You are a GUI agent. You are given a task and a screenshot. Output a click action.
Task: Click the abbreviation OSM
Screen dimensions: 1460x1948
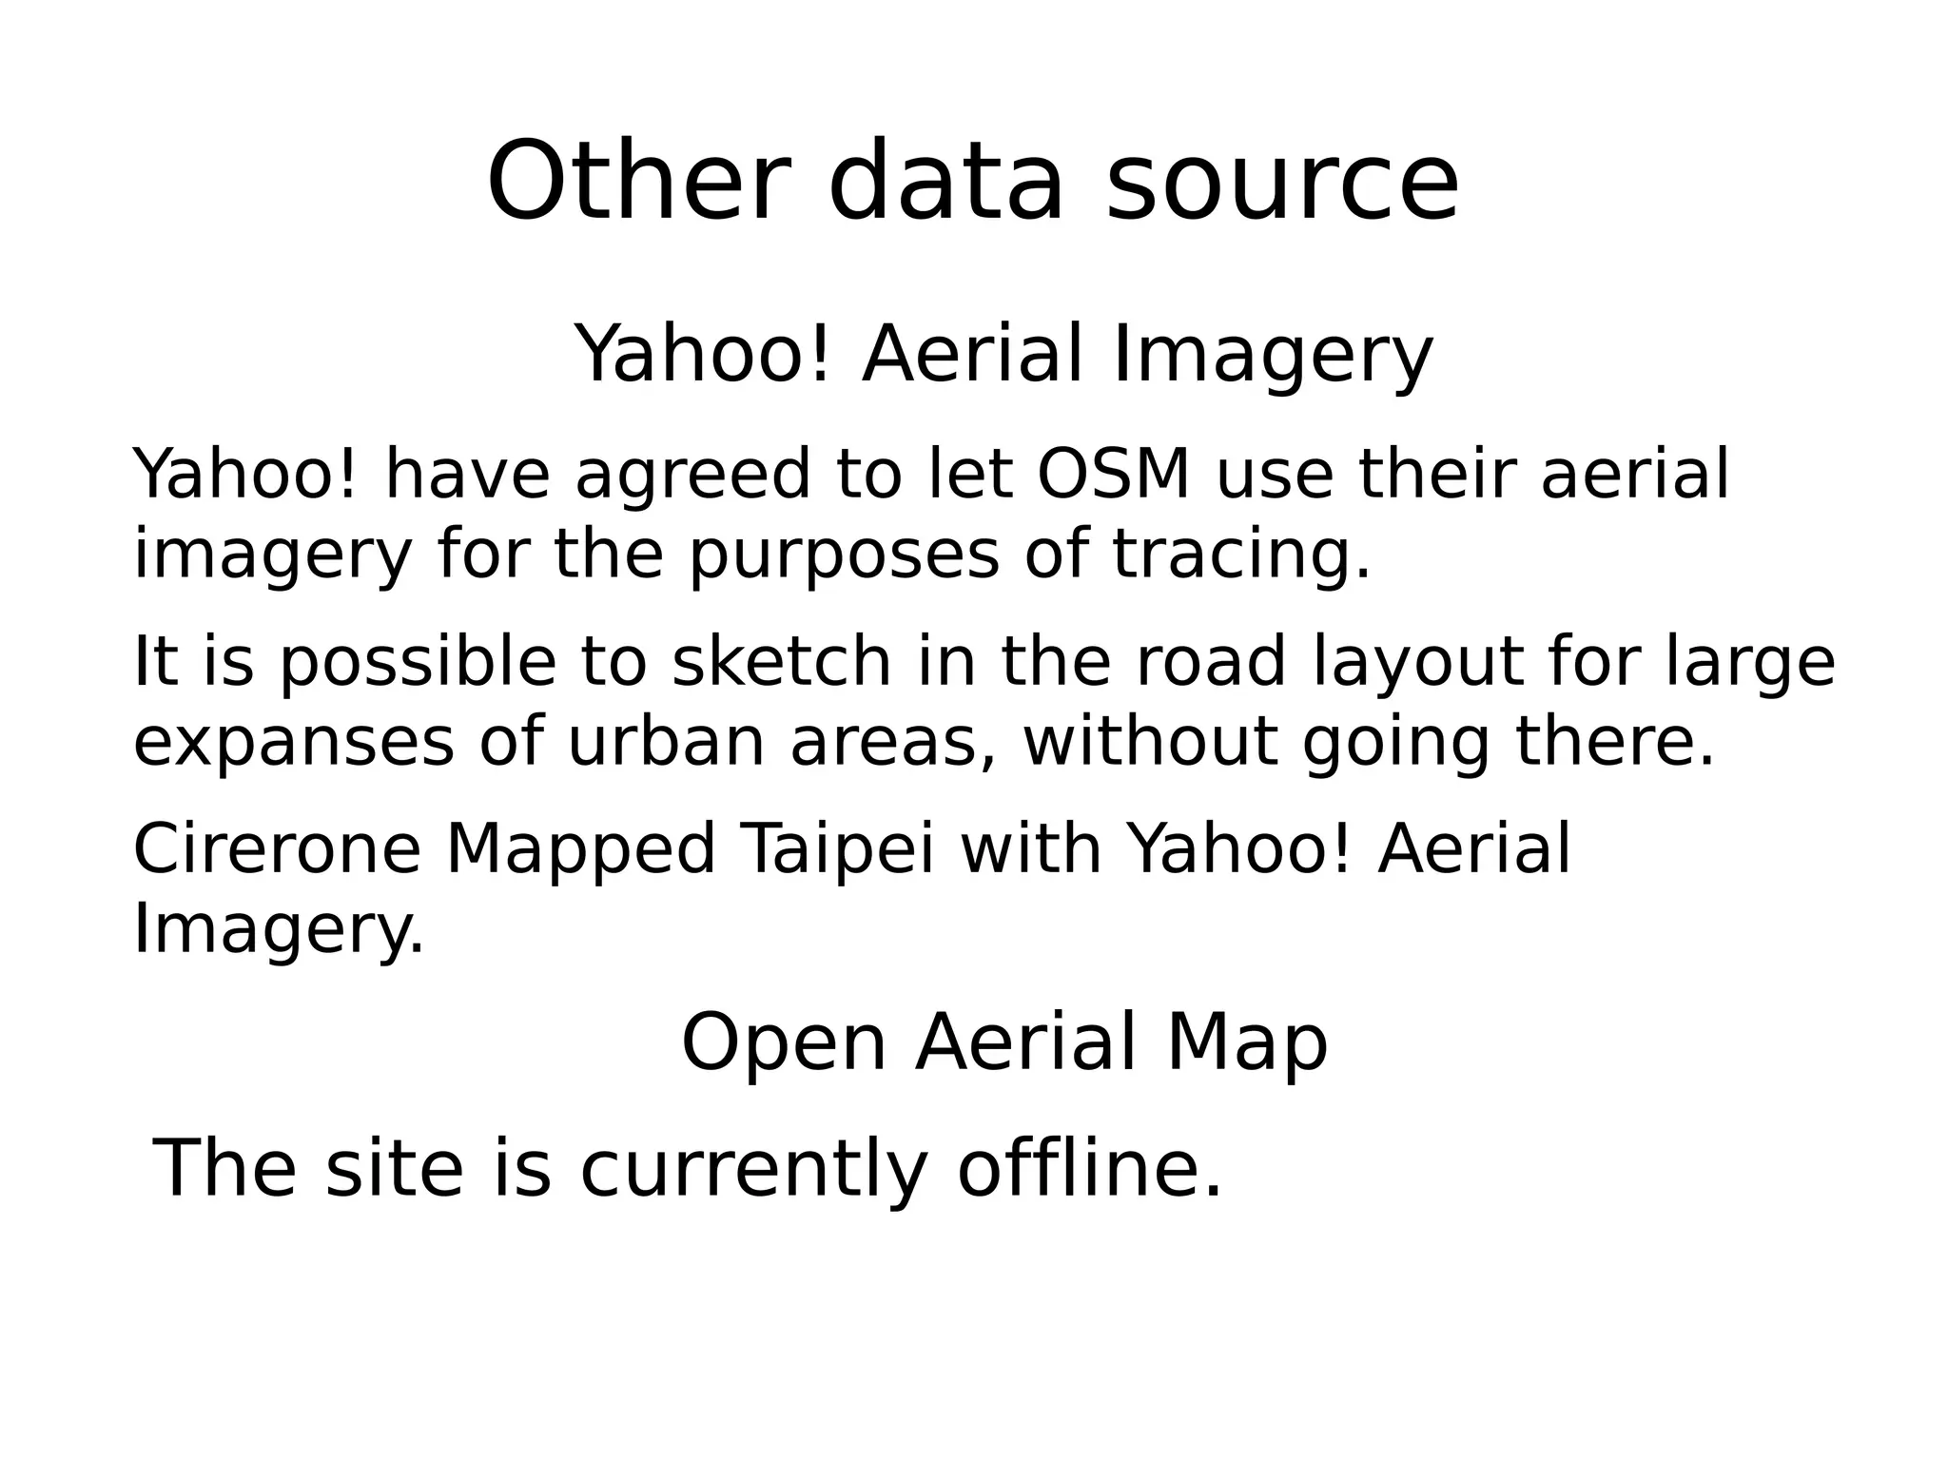(x=1113, y=474)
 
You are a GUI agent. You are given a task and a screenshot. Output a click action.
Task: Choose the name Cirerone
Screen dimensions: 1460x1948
(x=277, y=848)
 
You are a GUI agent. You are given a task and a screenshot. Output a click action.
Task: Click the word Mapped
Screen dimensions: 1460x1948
(x=580, y=848)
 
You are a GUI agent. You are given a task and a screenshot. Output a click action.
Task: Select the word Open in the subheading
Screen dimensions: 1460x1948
(x=784, y=1043)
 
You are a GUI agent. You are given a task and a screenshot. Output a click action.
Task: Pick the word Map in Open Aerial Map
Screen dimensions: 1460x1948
(x=1247, y=1043)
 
